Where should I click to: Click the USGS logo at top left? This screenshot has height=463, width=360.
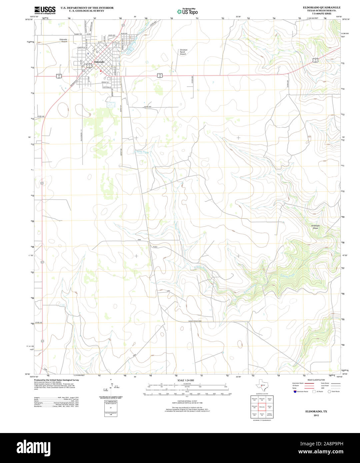(45, 10)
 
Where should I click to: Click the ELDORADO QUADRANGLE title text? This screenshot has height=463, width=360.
(317, 7)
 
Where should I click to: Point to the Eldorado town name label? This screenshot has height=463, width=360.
(99, 62)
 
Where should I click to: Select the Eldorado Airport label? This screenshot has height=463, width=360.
(63, 41)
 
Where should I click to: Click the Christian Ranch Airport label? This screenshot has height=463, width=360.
(183, 52)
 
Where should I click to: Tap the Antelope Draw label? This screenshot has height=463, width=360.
(315, 227)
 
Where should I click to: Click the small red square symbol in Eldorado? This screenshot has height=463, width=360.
(101, 71)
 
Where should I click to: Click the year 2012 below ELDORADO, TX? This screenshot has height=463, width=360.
(316, 416)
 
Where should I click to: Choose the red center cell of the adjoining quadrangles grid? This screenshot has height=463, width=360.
(262, 407)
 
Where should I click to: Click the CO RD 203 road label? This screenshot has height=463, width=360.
(147, 107)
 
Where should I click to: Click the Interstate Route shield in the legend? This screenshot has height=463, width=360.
(295, 391)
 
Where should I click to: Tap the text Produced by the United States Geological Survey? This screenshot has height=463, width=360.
(56, 380)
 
